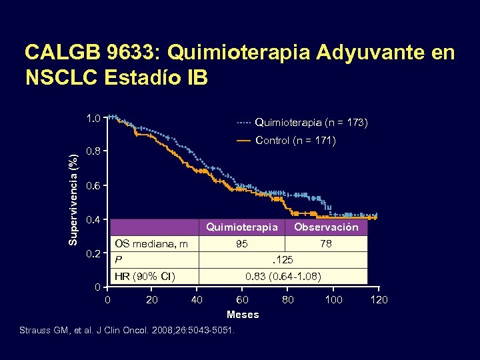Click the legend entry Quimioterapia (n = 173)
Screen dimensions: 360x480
[x=311, y=123]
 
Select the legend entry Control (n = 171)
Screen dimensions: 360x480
[x=295, y=141]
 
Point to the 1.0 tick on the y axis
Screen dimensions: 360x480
[x=93, y=118]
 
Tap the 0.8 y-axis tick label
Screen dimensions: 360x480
[x=93, y=151]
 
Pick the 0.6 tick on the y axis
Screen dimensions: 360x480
[x=93, y=185]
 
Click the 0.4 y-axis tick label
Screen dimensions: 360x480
[x=93, y=220]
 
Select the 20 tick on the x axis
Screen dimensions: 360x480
[x=151, y=300]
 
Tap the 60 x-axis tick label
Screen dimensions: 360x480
[x=243, y=300]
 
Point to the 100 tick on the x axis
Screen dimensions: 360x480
[x=333, y=300]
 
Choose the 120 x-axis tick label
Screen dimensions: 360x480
[x=379, y=300]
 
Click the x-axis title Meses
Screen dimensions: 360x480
[x=243, y=315]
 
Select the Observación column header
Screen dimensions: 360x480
[x=327, y=227]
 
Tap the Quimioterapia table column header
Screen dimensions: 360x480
[x=241, y=227]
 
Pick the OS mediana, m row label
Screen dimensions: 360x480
[x=151, y=244]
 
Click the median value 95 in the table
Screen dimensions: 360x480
[x=241, y=244]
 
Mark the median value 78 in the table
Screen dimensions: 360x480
[x=326, y=244]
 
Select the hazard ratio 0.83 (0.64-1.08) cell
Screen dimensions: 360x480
[x=283, y=276]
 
